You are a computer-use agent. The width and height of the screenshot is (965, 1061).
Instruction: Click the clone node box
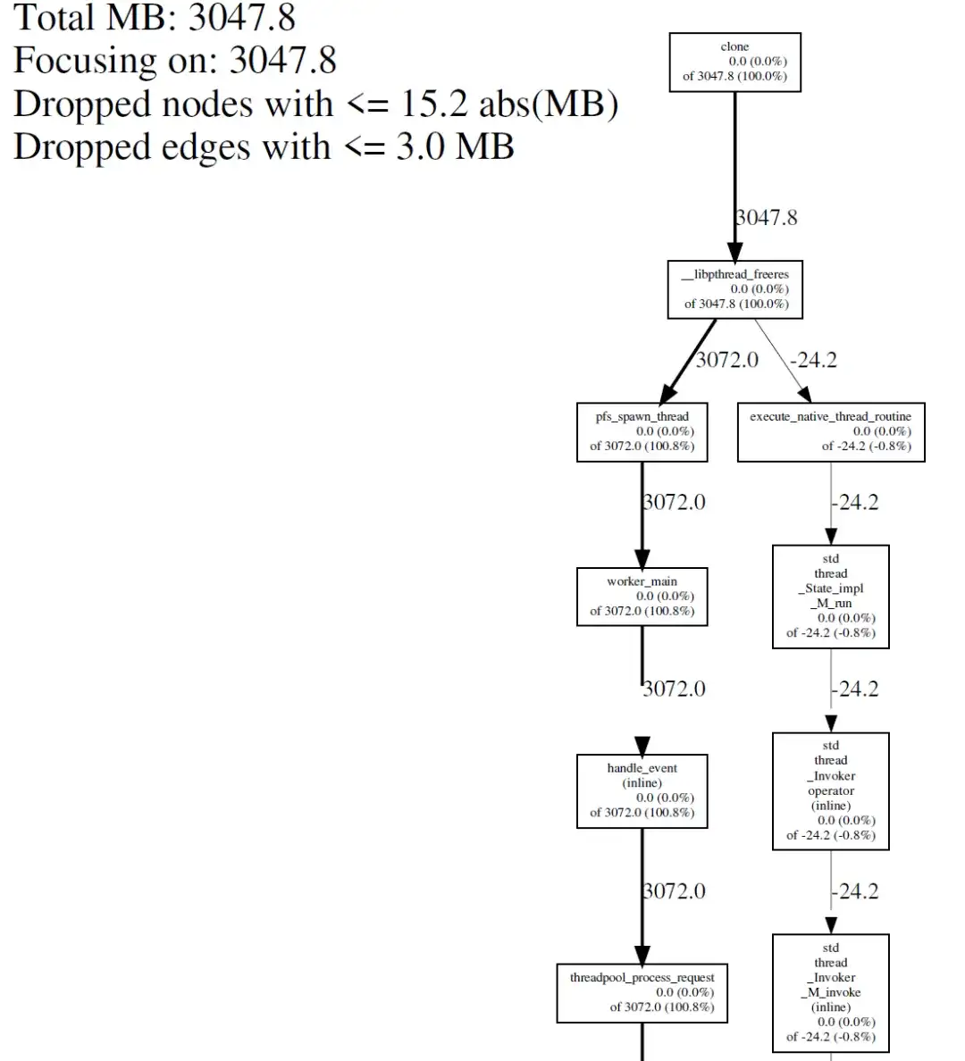734,62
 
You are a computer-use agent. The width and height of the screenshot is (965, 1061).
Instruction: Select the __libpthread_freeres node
734,289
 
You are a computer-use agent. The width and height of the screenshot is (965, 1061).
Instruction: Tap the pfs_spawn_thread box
642,431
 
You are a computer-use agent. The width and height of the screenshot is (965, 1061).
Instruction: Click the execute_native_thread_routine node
830,431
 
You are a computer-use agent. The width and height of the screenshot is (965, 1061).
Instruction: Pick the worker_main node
642,597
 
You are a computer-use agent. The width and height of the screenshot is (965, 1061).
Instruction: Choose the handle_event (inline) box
642,790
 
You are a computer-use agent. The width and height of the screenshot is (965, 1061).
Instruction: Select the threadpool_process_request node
642,992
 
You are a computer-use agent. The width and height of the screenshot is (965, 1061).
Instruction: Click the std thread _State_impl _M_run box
830,596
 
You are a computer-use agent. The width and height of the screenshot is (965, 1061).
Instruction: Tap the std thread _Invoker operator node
830,790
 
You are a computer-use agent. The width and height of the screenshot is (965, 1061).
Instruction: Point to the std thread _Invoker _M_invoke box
830,993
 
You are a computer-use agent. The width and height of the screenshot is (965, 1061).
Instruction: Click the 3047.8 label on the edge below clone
767,217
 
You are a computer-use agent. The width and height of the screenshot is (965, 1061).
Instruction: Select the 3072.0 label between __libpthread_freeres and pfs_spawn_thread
726,359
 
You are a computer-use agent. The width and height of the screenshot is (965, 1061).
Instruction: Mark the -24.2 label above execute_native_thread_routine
813,359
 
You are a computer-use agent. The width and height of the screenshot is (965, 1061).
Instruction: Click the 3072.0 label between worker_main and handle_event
674,689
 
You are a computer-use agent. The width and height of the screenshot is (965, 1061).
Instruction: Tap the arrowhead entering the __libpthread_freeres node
734,252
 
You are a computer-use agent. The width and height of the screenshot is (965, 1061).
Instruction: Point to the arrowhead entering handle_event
642,746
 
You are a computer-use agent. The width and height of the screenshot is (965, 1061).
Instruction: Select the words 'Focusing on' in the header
114,61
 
